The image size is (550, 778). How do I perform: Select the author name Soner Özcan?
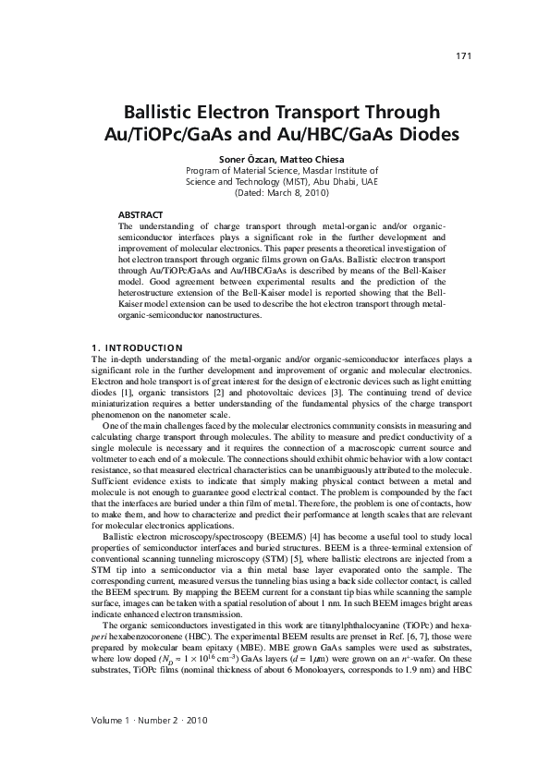coord(244,159)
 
